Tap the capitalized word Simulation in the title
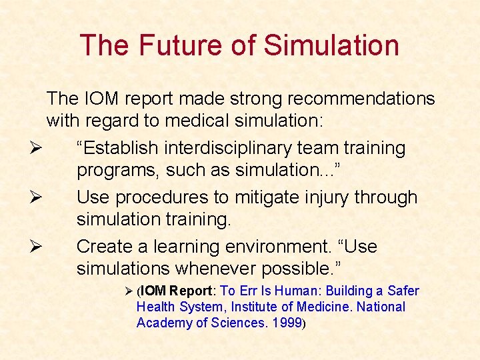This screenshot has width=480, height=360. pos(331,45)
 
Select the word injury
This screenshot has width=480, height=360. pos(329,197)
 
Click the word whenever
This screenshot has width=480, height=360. pos(217,269)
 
